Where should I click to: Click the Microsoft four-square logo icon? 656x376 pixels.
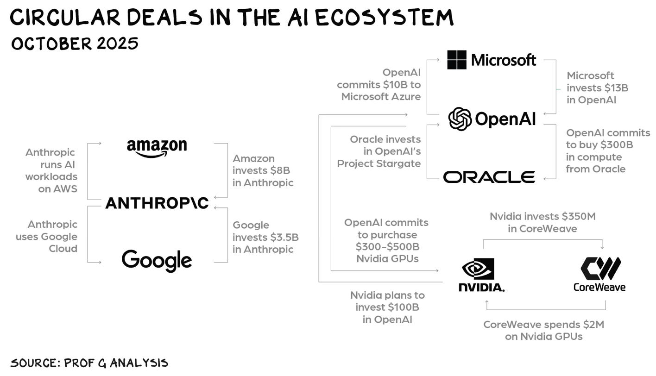click(x=457, y=60)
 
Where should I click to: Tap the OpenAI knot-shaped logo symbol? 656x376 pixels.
click(x=460, y=119)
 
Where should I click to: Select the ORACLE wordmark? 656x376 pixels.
click(x=489, y=177)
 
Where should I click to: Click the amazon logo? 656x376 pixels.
click(x=157, y=148)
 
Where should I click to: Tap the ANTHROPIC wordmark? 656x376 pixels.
click(x=157, y=203)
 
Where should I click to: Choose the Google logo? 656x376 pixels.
click(x=157, y=260)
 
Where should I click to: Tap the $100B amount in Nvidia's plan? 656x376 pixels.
click(x=404, y=307)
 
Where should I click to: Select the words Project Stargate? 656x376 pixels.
click(x=379, y=163)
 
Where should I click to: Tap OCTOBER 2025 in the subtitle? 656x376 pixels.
click(x=74, y=44)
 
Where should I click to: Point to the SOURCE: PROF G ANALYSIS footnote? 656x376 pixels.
click(x=89, y=363)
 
